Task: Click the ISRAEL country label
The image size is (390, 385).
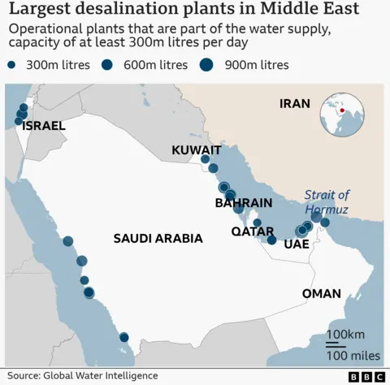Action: click(44, 127)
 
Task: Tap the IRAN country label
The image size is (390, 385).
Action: click(295, 103)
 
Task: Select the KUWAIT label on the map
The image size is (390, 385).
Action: click(196, 150)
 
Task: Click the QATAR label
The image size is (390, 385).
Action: click(253, 231)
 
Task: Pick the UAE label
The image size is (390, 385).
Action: click(297, 243)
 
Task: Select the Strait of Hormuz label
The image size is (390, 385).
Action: click(327, 202)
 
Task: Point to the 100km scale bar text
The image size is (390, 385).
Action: click(344, 335)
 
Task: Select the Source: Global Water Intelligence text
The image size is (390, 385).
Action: click(82, 376)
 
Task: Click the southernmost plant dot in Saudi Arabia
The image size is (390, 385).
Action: click(123, 337)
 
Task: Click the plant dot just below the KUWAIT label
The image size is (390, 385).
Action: click(205, 159)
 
